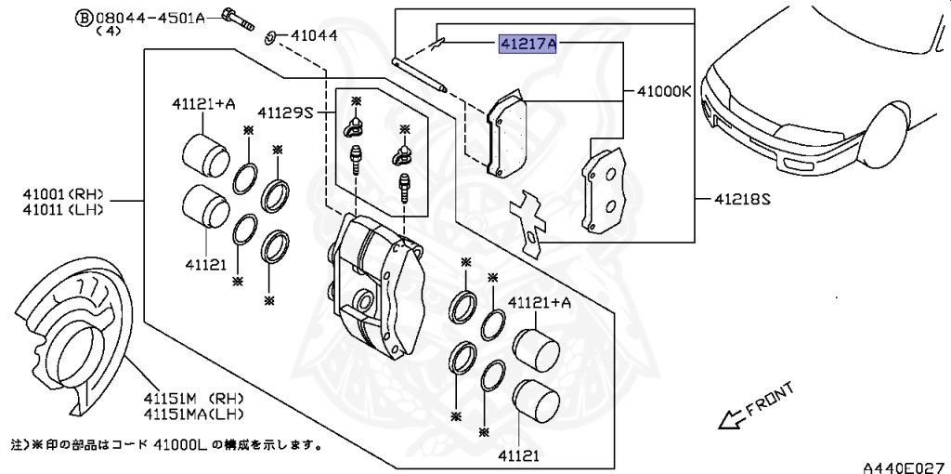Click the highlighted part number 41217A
[528, 44]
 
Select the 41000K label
[664, 92]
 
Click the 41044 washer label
[314, 36]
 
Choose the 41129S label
[284, 112]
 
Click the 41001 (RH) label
[63, 195]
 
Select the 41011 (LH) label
[63, 210]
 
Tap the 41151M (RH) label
[193, 400]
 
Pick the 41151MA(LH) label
[193, 415]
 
